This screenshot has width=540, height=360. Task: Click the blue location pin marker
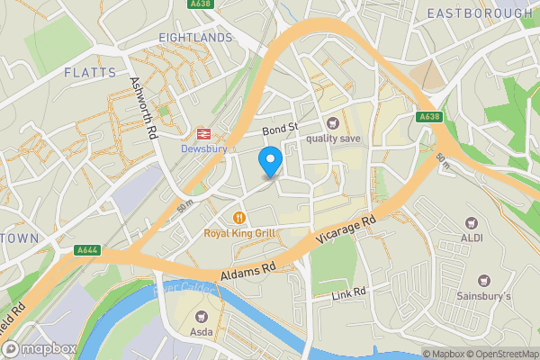pos(270,162)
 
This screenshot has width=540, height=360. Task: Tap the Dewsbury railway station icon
pos(199,130)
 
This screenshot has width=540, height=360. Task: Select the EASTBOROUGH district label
pos(479,13)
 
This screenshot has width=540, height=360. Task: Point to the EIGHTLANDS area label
pos(195,38)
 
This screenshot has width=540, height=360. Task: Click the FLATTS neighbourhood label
pos(90,71)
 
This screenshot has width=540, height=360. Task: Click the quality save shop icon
pos(333,122)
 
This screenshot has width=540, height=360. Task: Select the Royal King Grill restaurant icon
pos(239,217)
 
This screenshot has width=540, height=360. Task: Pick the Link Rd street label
pos(348,293)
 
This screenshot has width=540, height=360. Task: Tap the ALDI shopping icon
pos(470,222)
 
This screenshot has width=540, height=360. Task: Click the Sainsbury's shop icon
pos(484,282)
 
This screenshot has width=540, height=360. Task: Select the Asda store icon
pos(200,316)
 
